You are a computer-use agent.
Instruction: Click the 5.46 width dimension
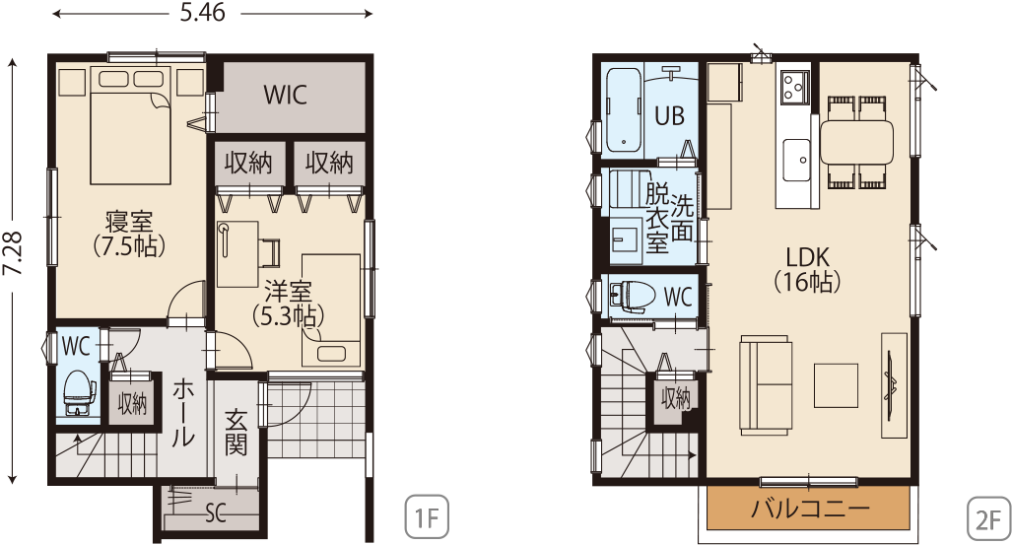click(x=202, y=13)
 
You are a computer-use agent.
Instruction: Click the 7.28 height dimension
click(x=13, y=253)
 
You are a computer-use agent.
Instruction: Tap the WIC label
click(x=285, y=95)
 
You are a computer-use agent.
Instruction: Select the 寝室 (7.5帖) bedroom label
click(x=129, y=234)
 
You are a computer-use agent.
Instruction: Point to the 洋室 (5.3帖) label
click(x=288, y=304)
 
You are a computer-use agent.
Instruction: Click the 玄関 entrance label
click(x=236, y=433)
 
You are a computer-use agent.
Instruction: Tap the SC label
click(x=216, y=514)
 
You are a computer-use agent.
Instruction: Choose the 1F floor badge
click(x=426, y=517)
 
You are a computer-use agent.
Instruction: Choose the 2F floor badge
click(x=988, y=517)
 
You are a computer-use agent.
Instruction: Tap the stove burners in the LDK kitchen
click(x=794, y=87)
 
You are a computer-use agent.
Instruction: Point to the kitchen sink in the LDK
click(x=797, y=160)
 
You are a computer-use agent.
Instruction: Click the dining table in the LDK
click(x=856, y=142)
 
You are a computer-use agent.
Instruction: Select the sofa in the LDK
click(x=766, y=384)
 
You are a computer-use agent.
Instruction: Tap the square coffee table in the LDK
click(x=836, y=385)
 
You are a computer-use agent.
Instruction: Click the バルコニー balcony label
click(x=810, y=509)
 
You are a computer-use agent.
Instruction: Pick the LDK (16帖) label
click(x=807, y=269)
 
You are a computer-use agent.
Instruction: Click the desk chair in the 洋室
click(x=271, y=252)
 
